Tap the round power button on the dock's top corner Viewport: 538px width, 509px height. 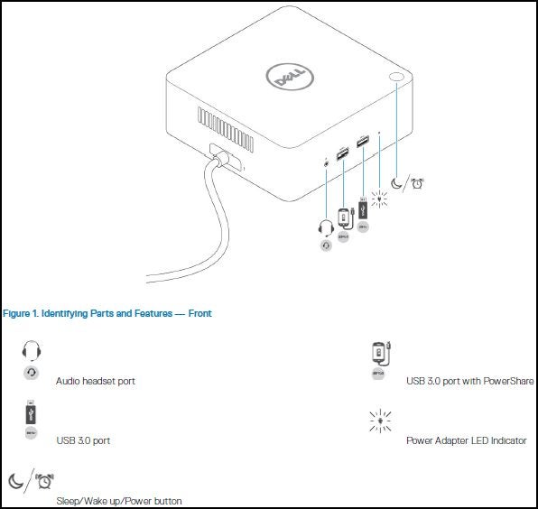click(398, 80)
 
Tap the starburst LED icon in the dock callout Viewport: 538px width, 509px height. click(379, 196)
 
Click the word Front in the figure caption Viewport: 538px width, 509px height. click(199, 313)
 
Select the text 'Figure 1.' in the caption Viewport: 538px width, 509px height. click(22, 313)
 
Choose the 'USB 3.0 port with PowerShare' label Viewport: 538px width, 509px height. click(469, 381)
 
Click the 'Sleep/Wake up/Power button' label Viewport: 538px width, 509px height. click(118, 500)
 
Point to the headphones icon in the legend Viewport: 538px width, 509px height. click(32, 351)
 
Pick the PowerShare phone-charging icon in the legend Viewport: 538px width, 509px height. click(379, 353)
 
